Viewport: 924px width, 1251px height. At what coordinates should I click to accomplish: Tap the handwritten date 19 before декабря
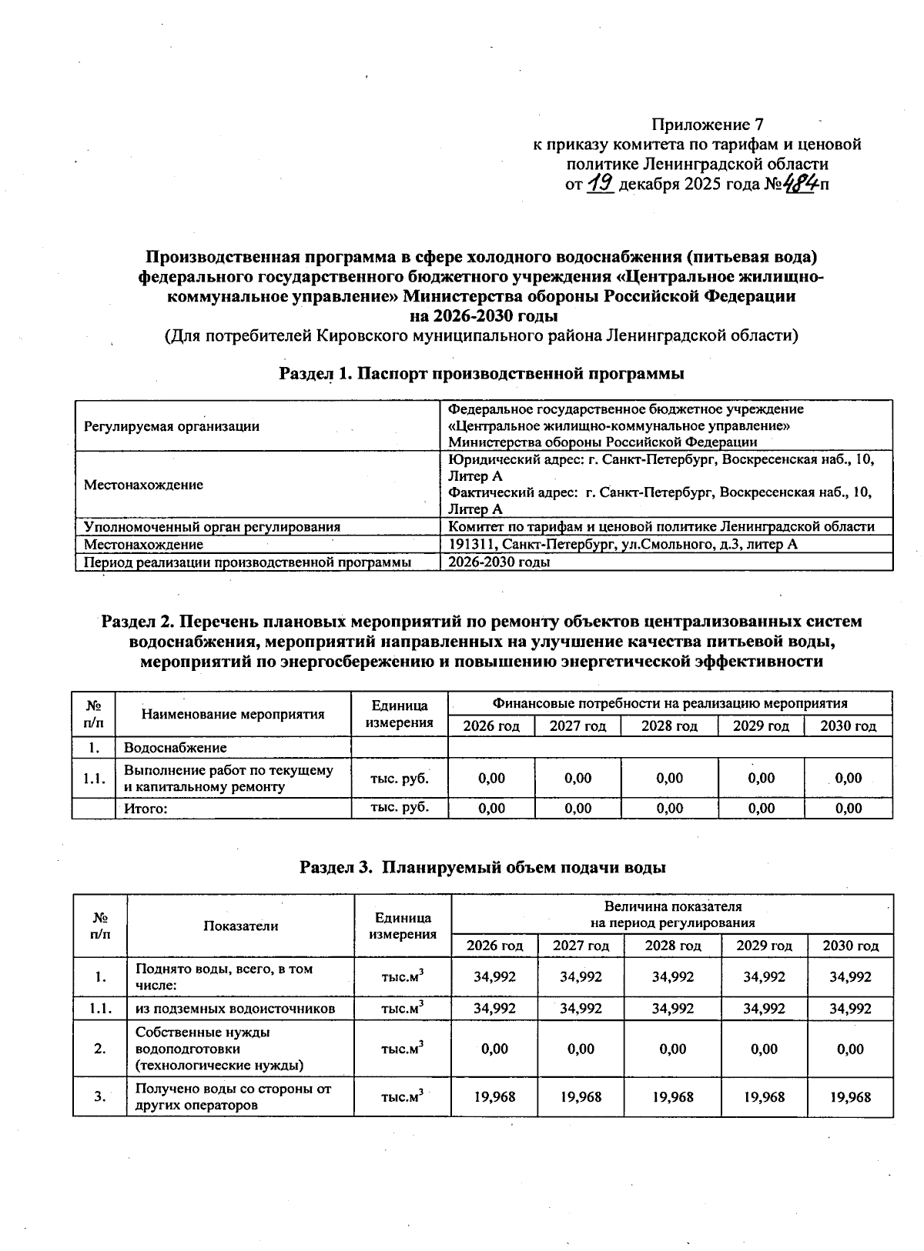coord(600,184)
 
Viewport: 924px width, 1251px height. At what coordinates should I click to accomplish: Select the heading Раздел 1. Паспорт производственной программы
coord(482,374)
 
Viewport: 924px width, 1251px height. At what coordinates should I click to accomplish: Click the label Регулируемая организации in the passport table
coord(172,426)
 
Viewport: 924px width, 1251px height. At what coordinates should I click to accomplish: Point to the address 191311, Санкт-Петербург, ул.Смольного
coord(622,545)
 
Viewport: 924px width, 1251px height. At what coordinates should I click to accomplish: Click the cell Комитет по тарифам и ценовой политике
coord(661,527)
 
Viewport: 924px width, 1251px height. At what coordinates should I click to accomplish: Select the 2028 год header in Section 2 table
coord(669,726)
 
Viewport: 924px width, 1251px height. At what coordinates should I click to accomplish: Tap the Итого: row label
coord(146,809)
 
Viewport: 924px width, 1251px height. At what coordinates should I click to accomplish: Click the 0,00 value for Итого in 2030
coord(848,809)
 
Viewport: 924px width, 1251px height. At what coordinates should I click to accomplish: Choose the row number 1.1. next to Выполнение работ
coord(94,779)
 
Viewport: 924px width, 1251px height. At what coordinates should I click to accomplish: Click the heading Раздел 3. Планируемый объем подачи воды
coord(482,868)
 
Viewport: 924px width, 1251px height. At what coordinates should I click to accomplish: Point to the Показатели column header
coord(240,926)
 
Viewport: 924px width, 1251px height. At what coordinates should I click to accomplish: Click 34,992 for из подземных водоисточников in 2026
coord(494,1009)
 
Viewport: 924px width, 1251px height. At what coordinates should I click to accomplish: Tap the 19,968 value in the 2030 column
coord(850,1096)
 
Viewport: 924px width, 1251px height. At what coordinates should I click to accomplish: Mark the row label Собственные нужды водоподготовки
coord(219,1049)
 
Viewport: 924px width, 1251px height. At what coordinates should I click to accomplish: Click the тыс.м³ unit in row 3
coord(403,1096)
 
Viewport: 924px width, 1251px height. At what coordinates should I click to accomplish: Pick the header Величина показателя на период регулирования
coord(672,915)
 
